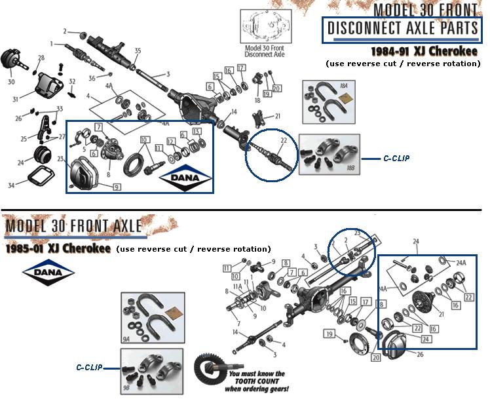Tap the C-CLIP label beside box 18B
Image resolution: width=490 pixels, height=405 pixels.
[x=396, y=159]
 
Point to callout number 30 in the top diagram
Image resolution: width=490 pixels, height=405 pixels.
[x=11, y=82]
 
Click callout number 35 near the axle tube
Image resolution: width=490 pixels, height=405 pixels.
[x=138, y=50]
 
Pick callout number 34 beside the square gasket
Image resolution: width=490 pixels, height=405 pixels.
[x=10, y=186]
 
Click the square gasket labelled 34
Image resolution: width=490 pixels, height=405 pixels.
[x=40, y=177]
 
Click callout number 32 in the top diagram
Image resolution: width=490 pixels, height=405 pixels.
[x=72, y=82]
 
